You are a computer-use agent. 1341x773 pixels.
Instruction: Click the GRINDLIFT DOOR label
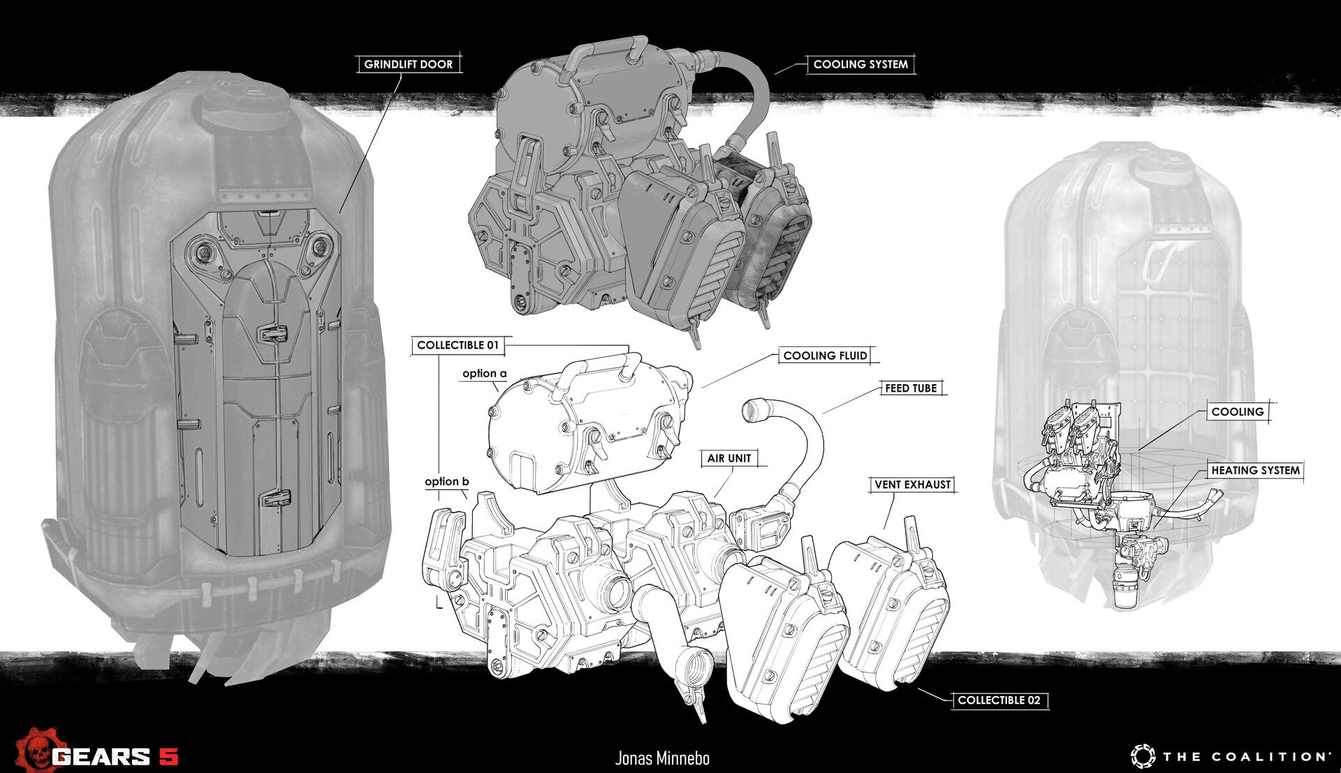pos(409,64)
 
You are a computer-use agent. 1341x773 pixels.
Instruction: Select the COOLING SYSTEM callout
pos(860,64)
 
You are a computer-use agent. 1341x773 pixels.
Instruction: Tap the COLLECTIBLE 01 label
pos(458,345)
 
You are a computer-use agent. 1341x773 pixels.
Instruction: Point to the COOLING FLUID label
pos(825,355)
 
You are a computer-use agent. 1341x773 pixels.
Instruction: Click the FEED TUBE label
pos(911,388)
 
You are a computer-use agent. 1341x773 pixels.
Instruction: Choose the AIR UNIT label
pos(729,458)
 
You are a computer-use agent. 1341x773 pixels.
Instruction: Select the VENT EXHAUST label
pos(913,485)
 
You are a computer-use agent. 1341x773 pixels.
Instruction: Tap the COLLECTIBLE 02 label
pos(999,700)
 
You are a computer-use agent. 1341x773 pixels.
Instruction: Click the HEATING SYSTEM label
pos(1255,471)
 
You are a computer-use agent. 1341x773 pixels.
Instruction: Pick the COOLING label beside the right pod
pos(1238,412)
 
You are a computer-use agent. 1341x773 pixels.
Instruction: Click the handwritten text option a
pos(485,374)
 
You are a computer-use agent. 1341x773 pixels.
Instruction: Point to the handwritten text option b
pos(447,482)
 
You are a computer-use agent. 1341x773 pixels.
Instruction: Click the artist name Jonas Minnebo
pos(662,758)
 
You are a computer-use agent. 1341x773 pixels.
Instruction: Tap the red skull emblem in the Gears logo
pos(34,750)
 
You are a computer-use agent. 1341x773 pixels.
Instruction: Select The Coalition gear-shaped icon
pos(1143,756)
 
